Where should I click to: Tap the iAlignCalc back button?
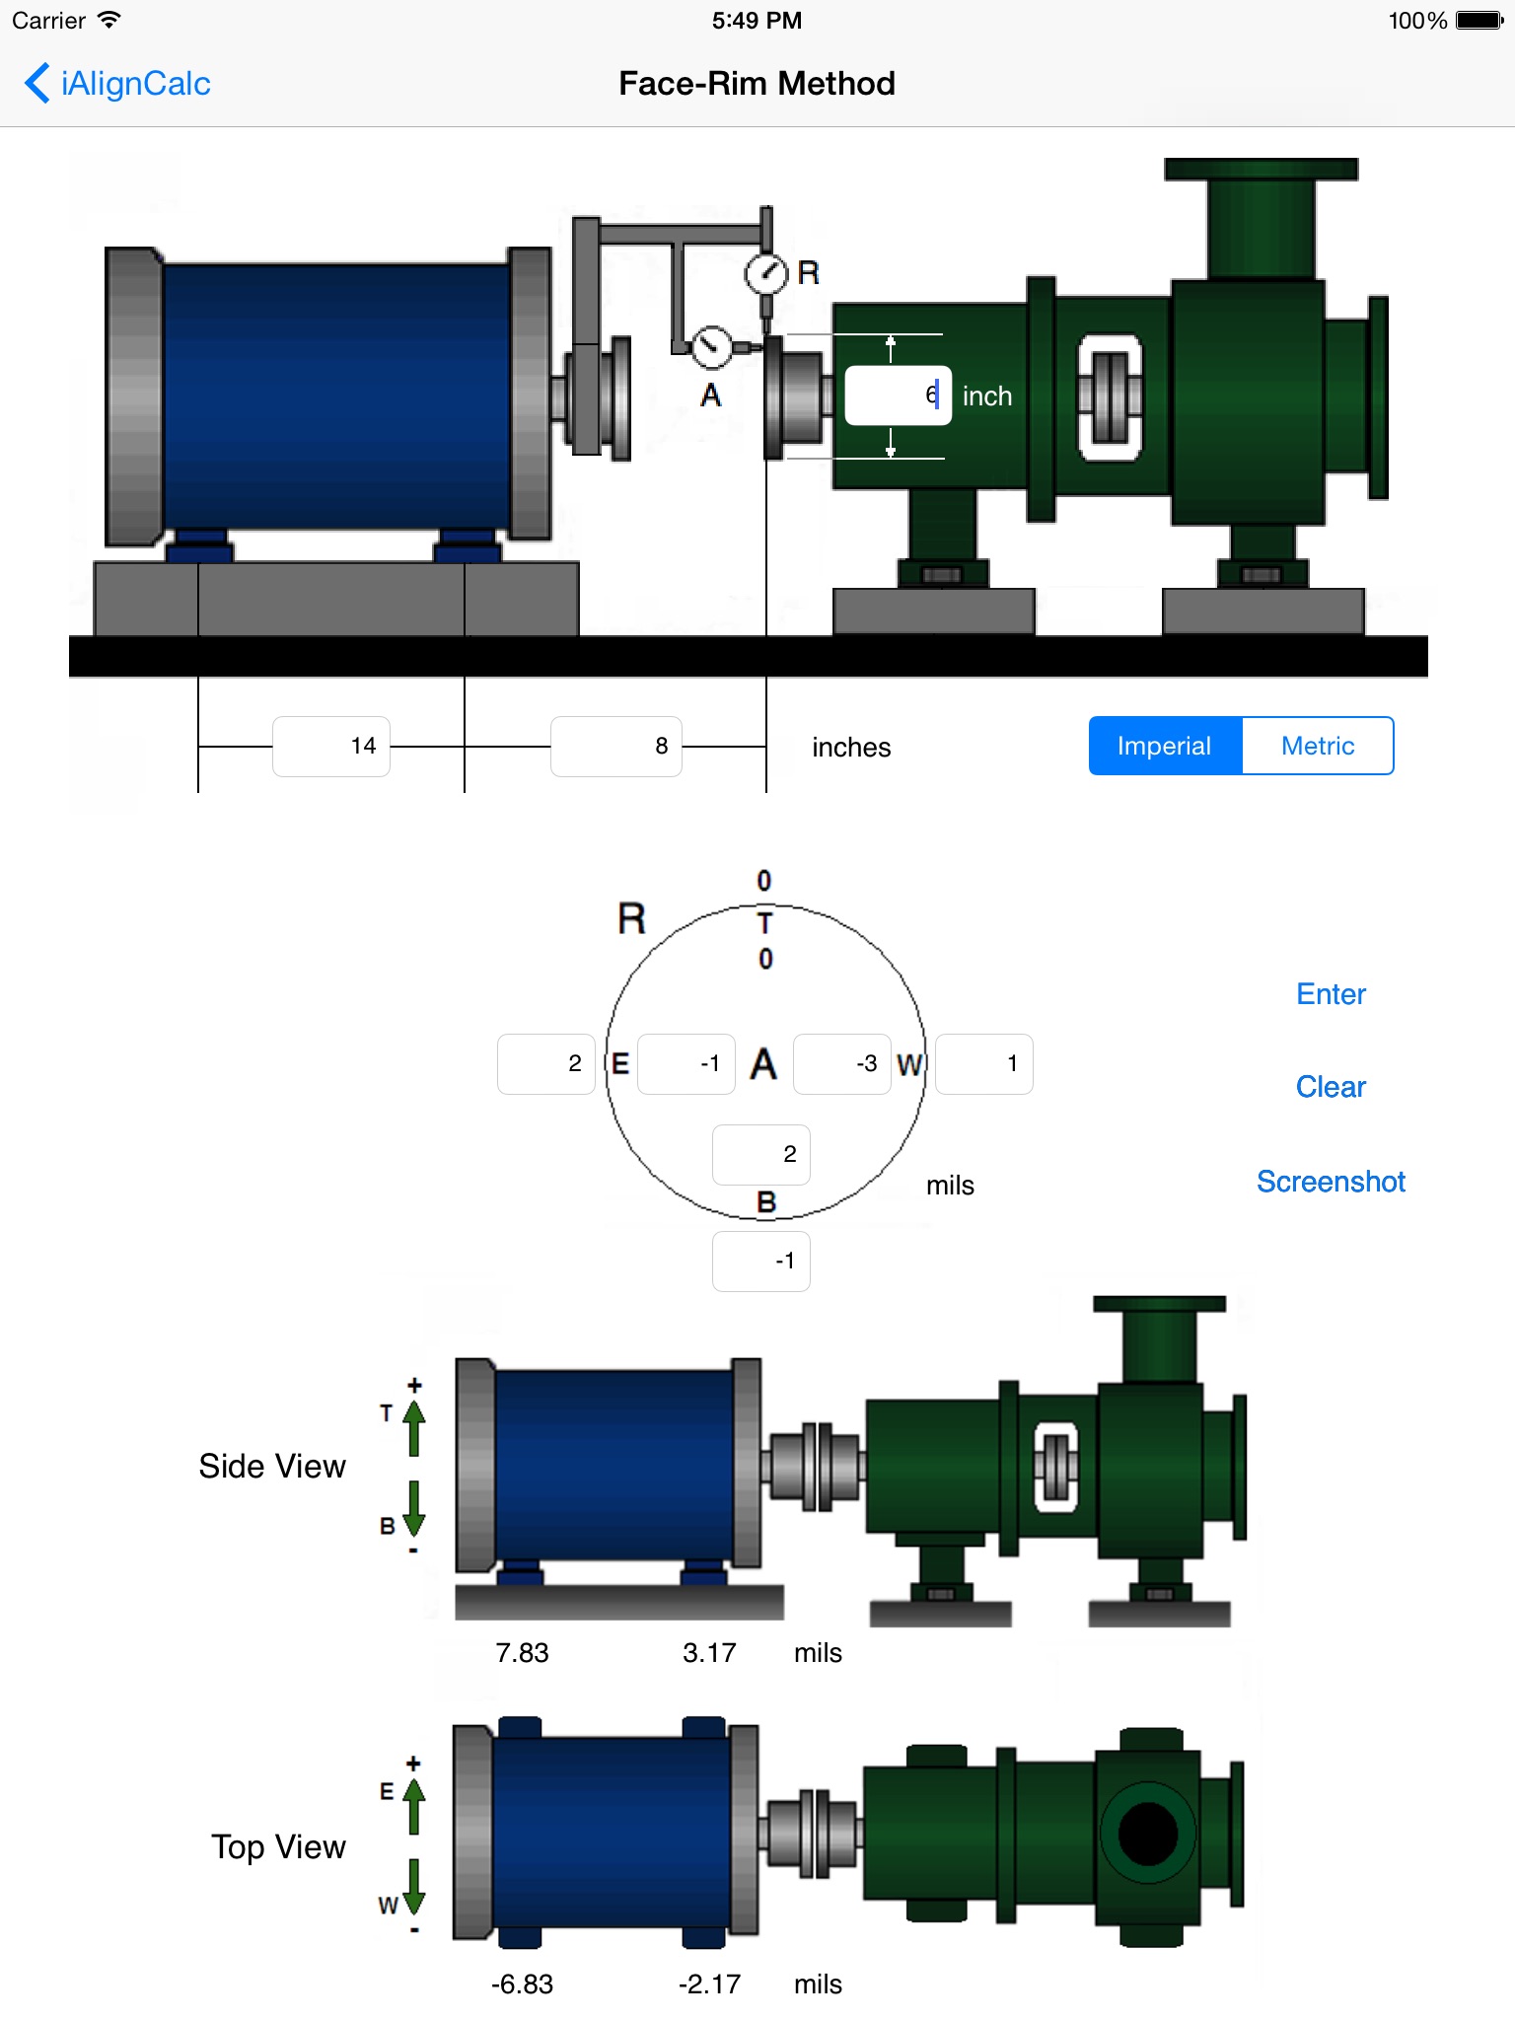(x=117, y=84)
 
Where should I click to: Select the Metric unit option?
(x=1318, y=746)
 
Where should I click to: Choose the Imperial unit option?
(x=1165, y=746)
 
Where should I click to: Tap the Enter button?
(x=1331, y=994)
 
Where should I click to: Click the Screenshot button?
(x=1331, y=1182)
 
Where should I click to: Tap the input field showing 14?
(x=331, y=747)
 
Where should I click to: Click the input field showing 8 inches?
(x=616, y=747)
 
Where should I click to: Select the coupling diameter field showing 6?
(x=898, y=396)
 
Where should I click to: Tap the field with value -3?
(x=842, y=1063)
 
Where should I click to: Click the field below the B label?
(x=761, y=1261)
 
